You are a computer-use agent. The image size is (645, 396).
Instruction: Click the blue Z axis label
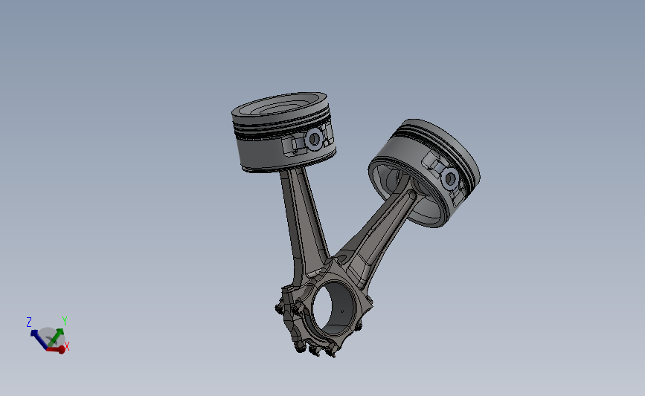[x=29, y=322]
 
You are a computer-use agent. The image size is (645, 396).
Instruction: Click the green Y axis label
[x=65, y=321]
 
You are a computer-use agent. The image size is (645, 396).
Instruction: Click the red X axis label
[x=67, y=346]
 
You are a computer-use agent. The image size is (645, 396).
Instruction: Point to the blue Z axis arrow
[x=37, y=337]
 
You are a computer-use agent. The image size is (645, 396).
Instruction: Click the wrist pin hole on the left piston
[x=314, y=138]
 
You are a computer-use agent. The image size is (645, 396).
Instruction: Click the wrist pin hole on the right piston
[x=450, y=178]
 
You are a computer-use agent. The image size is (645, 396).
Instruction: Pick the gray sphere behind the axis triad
[x=49, y=337]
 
